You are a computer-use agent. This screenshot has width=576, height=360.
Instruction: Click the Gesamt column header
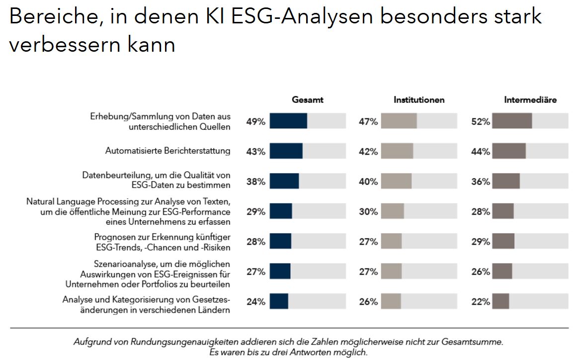click(307, 100)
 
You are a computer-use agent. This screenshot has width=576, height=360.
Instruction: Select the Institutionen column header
click(419, 100)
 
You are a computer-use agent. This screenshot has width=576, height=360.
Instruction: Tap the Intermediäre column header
click(530, 100)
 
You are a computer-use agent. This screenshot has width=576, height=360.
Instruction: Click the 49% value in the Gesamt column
click(256, 122)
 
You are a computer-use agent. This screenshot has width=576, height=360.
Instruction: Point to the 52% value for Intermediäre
click(481, 122)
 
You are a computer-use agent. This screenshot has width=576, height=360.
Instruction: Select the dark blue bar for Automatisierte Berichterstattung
click(286, 151)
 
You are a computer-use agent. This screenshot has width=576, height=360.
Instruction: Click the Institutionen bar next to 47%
click(399, 121)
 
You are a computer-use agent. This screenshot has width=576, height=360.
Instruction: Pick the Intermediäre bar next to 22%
click(500, 301)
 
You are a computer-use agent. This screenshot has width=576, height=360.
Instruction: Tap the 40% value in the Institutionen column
click(368, 181)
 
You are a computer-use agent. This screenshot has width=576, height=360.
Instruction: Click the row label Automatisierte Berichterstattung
click(167, 151)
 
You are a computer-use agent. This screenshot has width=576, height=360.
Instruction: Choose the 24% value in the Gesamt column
click(256, 301)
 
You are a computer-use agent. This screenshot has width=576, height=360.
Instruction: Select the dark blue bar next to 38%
click(284, 181)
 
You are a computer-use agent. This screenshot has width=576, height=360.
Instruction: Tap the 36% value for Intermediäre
click(481, 181)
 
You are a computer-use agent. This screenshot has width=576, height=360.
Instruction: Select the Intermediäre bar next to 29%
click(503, 242)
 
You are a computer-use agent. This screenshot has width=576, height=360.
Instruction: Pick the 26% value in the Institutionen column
click(368, 301)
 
